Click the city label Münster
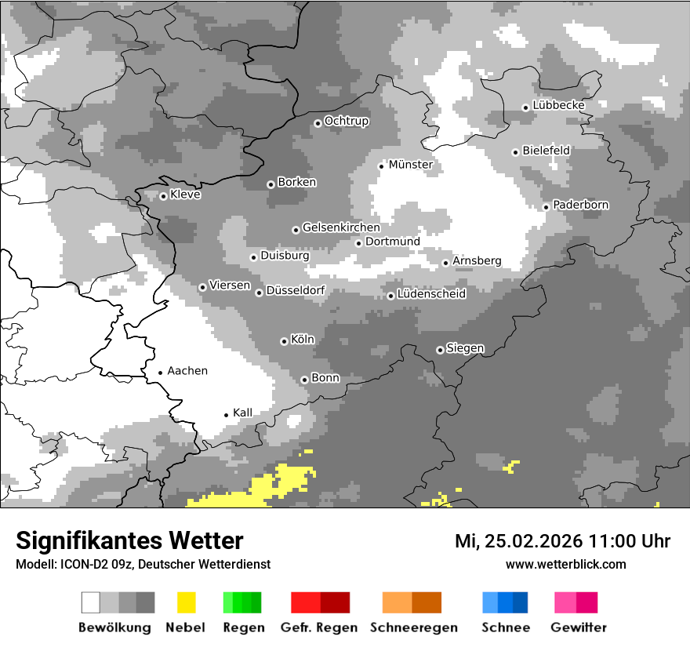click(411, 165)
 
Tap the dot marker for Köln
click(284, 341)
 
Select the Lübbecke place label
click(558, 105)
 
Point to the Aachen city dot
click(160, 373)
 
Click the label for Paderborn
click(581, 205)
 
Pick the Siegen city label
click(465, 348)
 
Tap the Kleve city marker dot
click(163, 196)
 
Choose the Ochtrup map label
click(346, 121)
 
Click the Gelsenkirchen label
click(341, 227)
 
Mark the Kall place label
click(242, 413)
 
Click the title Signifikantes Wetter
click(129, 540)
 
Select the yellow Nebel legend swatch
click(187, 602)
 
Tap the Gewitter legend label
click(579, 627)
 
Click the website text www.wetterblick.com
click(565, 564)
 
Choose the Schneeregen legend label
click(414, 627)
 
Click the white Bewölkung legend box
click(91, 602)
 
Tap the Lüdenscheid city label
click(431, 294)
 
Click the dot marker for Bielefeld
click(515, 152)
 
